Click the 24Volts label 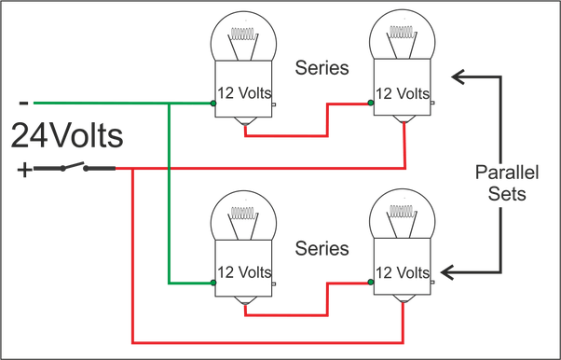tap(67, 135)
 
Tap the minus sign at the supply tap(23, 104)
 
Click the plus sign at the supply tap(24, 170)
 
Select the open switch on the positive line tap(75, 167)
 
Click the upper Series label tap(322, 68)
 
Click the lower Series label tap(322, 248)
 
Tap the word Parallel tap(507, 173)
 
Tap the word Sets tap(507, 194)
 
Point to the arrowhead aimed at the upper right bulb tap(458, 76)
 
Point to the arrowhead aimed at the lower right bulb tap(447, 272)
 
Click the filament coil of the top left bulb tap(243, 34)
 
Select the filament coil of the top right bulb tap(403, 33)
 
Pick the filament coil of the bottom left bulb tap(243, 214)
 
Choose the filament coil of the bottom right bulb tap(403, 212)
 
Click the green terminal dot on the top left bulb tap(213, 104)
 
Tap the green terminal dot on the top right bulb tap(371, 103)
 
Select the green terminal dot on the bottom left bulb tap(213, 283)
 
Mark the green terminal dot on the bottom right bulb tap(371, 282)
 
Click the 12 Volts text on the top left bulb tap(244, 92)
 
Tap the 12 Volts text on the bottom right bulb tap(403, 273)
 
